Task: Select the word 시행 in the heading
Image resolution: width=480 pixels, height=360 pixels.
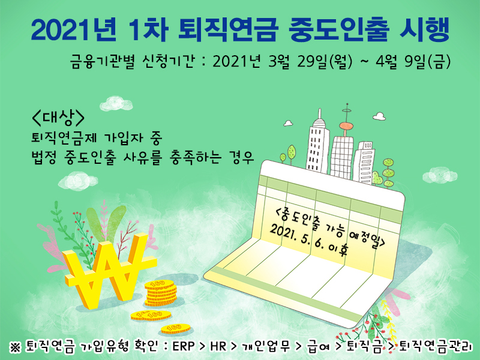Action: (425, 29)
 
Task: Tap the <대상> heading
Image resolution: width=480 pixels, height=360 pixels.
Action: (58, 118)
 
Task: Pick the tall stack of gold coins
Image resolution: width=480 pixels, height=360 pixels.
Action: (161, 293)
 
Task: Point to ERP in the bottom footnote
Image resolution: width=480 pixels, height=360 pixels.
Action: (184, 346)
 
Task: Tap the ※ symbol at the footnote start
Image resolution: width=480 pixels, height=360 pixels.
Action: (16, 347)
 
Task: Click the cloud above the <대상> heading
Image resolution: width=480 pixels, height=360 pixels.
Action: (116, 103)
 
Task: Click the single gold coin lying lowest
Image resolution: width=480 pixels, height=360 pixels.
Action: (176, 329)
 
